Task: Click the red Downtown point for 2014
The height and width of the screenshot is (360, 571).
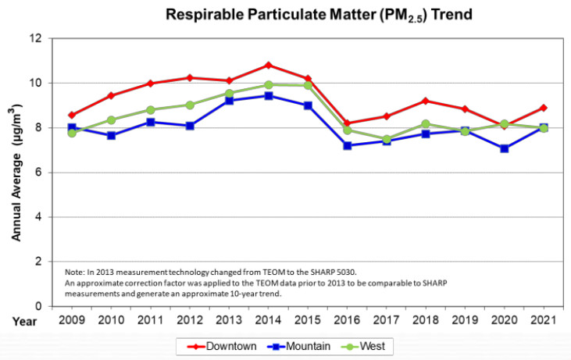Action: pyautogui.click(x=269, y=65)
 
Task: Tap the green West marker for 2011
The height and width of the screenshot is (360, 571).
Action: pyautogui.click(x=151, y=110)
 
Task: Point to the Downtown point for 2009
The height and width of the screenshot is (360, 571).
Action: pyautogui.click(x=72, y=115)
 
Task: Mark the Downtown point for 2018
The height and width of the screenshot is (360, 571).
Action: pyautogui.click(x=425, y=101)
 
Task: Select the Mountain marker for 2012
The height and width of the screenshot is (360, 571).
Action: pyautogui.click(x=190, y=126)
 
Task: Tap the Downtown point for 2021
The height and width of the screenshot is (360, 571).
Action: pyautogui.click(x=543, y=108)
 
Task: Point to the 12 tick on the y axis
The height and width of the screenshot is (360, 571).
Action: pyautogui.click(x=36, y=38)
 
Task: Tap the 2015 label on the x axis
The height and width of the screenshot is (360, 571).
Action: pyautogui.click(x=307, y=321)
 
